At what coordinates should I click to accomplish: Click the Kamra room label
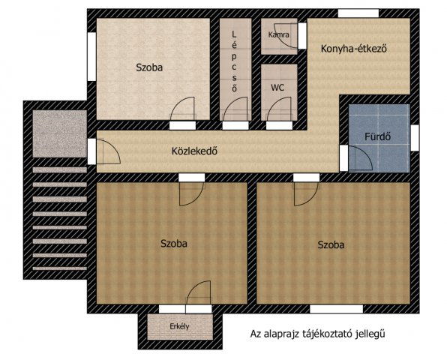click(x=278, y=34)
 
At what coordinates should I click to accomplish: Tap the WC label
click(x=277, y=88)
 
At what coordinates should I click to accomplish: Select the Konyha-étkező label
click(x=354, y=49)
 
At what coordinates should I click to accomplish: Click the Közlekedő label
click(x=194, y=151)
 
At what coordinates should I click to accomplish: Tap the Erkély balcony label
click(x=179, y=326)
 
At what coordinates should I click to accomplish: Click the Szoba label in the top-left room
click(x=149, y=67)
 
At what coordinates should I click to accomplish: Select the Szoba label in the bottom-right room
click(x=331, y=244)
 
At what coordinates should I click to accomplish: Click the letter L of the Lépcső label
click(x=234, y=34)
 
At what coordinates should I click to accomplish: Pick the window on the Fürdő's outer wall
click(x=415, y=138)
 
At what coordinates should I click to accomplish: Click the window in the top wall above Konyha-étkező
click(x=358, y=13)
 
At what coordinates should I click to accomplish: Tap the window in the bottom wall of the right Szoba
click(x=337, y=309)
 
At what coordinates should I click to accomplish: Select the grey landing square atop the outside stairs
click(x=59, y=133)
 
